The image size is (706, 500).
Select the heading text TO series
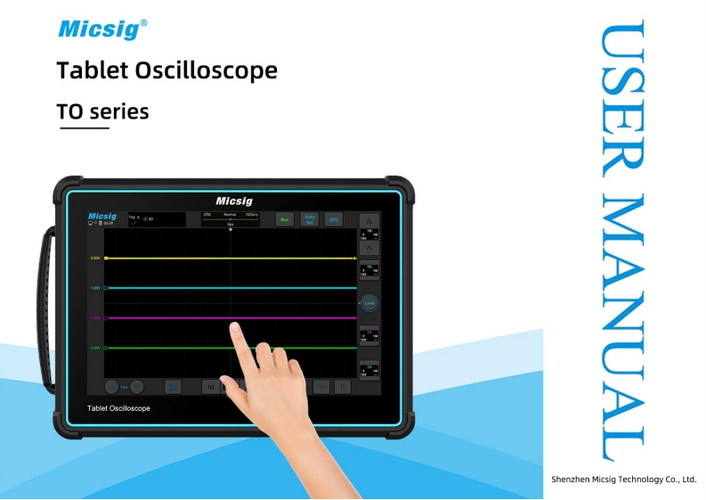click(x=102, y=112)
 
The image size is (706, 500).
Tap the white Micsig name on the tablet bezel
click(x=234, y=201)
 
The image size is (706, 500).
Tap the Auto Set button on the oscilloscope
click(x=310, y=219)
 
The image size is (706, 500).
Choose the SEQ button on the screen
click(x=334, y=219)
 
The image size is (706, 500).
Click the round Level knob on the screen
click(x=369, y=304)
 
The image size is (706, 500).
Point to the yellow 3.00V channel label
click(x=96, y=258)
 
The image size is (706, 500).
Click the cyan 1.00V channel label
click(x=96, y=288)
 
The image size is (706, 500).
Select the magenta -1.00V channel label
click(x=95, y=317)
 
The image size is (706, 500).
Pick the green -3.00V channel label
click(x=96, y=348)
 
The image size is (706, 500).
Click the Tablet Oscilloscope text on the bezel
click(x=118, y=408)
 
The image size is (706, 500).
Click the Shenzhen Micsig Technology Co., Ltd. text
click(x=623, y=479)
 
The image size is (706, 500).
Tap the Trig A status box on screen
click(x=157, y=219)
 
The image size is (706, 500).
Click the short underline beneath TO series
click(x=84, y=128)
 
